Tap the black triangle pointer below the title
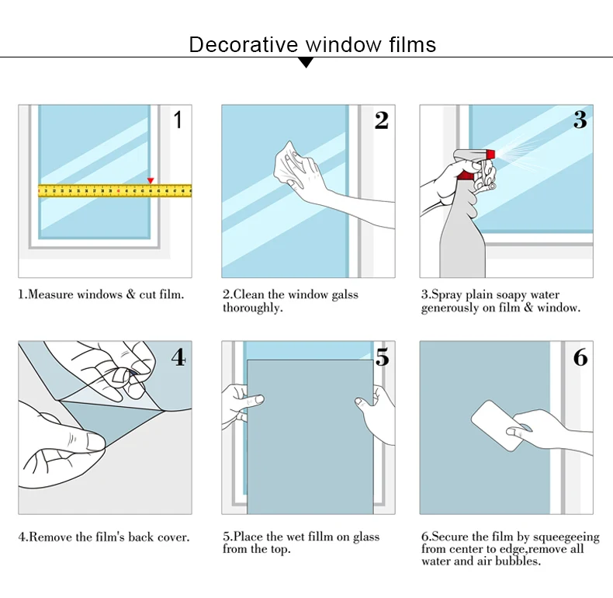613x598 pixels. coord(306,62)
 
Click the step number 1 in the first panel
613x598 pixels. coord(178,120)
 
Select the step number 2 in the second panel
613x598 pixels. coord(381,120)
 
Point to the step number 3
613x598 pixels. coord(580,120)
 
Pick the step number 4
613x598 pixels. coord(178,357)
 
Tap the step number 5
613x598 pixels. coord(382,357)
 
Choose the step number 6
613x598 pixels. coord(580,357)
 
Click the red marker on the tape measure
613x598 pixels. coord(151,181)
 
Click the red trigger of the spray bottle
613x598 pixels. coord(467,175)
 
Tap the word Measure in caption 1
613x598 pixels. coord(50,295)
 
